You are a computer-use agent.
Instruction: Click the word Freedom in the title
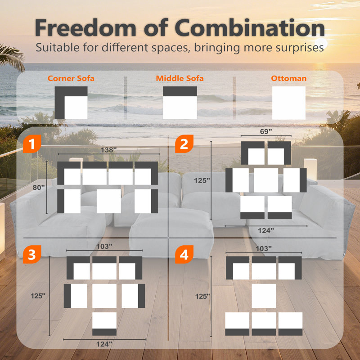coord(85,27)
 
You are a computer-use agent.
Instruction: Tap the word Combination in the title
coord(250,27)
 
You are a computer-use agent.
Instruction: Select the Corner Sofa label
coord(71,78)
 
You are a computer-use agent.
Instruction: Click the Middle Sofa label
coord(180,78)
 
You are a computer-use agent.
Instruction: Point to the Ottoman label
coord(288,78)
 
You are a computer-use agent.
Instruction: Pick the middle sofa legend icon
coord(180,103)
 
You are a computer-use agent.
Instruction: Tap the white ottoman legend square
coord(289,103)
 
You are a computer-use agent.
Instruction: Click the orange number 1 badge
coord(32,144)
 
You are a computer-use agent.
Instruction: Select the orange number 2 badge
coord(184,144)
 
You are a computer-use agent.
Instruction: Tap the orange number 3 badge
coord(32,254)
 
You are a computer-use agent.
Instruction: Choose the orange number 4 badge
coord(184,254)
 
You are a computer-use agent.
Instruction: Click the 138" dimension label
coord(108,150)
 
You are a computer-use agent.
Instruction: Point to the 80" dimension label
coord(39,188)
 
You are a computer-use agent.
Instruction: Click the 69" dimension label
coord(266,131)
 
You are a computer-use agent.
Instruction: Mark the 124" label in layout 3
coord(104,344)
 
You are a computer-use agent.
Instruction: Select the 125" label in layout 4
coord(202,296)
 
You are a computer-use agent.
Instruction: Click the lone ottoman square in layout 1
coord(109,201)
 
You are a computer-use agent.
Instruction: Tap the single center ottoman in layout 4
coord(264,296)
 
